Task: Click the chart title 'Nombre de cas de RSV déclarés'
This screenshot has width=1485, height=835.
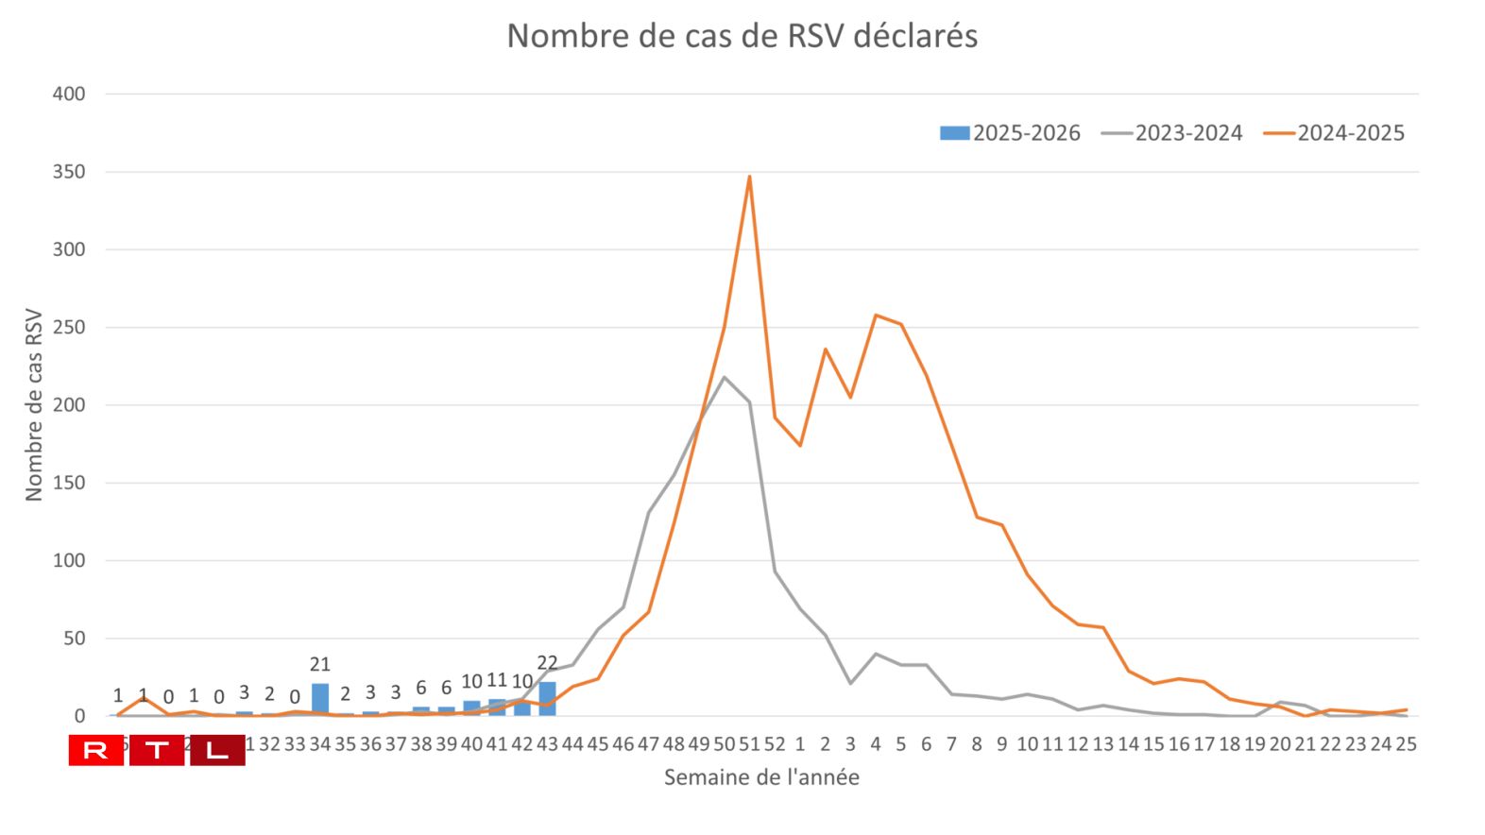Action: point(742,36)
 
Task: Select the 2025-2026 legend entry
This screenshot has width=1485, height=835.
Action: point(1010,133)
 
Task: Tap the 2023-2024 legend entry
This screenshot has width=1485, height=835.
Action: point(1172,133)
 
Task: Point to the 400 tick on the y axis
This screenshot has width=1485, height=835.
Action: point(69,94)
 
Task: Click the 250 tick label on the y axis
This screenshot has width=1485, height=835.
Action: point(69,328)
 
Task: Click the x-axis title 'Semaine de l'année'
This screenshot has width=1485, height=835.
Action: point(761,777)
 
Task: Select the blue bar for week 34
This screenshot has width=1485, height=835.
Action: point(320,700)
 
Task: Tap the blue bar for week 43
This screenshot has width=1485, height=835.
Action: point(547,699)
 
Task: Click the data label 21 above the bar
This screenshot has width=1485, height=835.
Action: point(320,665)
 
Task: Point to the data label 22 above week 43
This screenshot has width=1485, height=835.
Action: point(547,663)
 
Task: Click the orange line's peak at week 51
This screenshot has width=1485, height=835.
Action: point(749,177)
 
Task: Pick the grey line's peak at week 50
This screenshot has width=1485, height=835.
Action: point(725,377)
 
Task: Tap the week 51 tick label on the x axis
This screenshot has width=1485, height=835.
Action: point(749,744)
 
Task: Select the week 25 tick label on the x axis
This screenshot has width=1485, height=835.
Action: point(1406,744)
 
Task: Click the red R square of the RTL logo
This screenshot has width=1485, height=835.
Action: point(96,751)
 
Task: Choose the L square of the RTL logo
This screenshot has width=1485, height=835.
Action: point(217,751)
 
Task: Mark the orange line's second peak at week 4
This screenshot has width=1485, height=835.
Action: point(876,315)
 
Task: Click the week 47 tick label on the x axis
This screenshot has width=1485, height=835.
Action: point(648,744)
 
